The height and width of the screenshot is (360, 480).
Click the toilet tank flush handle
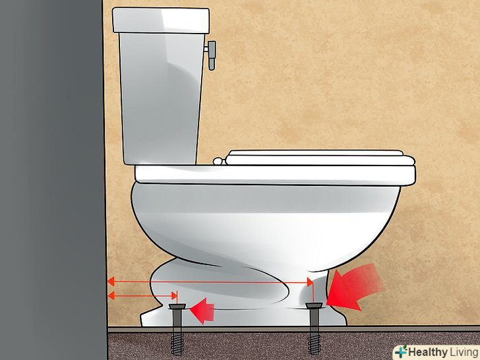click(x=211, y=55)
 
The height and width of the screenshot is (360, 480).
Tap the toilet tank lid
click(x=161, y=20)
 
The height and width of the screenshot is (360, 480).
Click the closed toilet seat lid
click(x=320, y=158)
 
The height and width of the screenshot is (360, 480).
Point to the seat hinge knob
click(x=218, y=161)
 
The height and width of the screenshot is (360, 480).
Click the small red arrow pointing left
click(x=202, y=310)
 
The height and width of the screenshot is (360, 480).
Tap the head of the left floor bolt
click(x=177, y=305)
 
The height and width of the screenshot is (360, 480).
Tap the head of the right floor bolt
click(x=314, y=305)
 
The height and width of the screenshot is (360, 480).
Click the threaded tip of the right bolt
click(x=315, y=344)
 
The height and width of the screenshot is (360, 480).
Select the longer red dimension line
click(x=210, y=282)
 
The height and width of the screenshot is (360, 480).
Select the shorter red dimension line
click(x=142, y=295)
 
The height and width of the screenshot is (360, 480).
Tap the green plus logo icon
click(x=401, y=351)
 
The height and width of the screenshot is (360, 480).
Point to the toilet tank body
click(x=161, y=98)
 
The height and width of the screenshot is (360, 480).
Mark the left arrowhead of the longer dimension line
click(x=111, y=282)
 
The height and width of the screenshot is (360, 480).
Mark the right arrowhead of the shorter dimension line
click(x=175, y=295)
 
